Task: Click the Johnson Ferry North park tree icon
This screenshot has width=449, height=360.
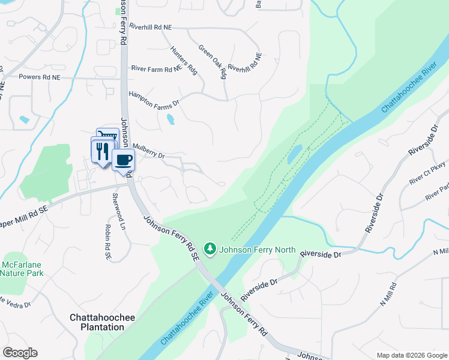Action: click(x=209, y=248)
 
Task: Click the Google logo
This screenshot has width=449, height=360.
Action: click(x=20, y=353)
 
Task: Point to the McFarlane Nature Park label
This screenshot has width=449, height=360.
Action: click(x=22, y=269)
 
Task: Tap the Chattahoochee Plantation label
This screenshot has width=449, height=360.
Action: click(x=97, y=322)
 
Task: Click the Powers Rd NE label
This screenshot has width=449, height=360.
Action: click(x=40, y=77)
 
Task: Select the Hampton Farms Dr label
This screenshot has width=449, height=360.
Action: click(x=154, y=98)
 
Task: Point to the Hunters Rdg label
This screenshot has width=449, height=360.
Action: click(x=183, y=60)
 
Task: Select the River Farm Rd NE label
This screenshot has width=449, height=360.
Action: click(x=155, y=68)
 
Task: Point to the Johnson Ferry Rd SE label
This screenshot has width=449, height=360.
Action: click(x=170, y=239)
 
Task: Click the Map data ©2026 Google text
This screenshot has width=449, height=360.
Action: click(x=411, y=355)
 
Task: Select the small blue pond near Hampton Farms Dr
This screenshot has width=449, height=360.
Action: click(x=170, y=119)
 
